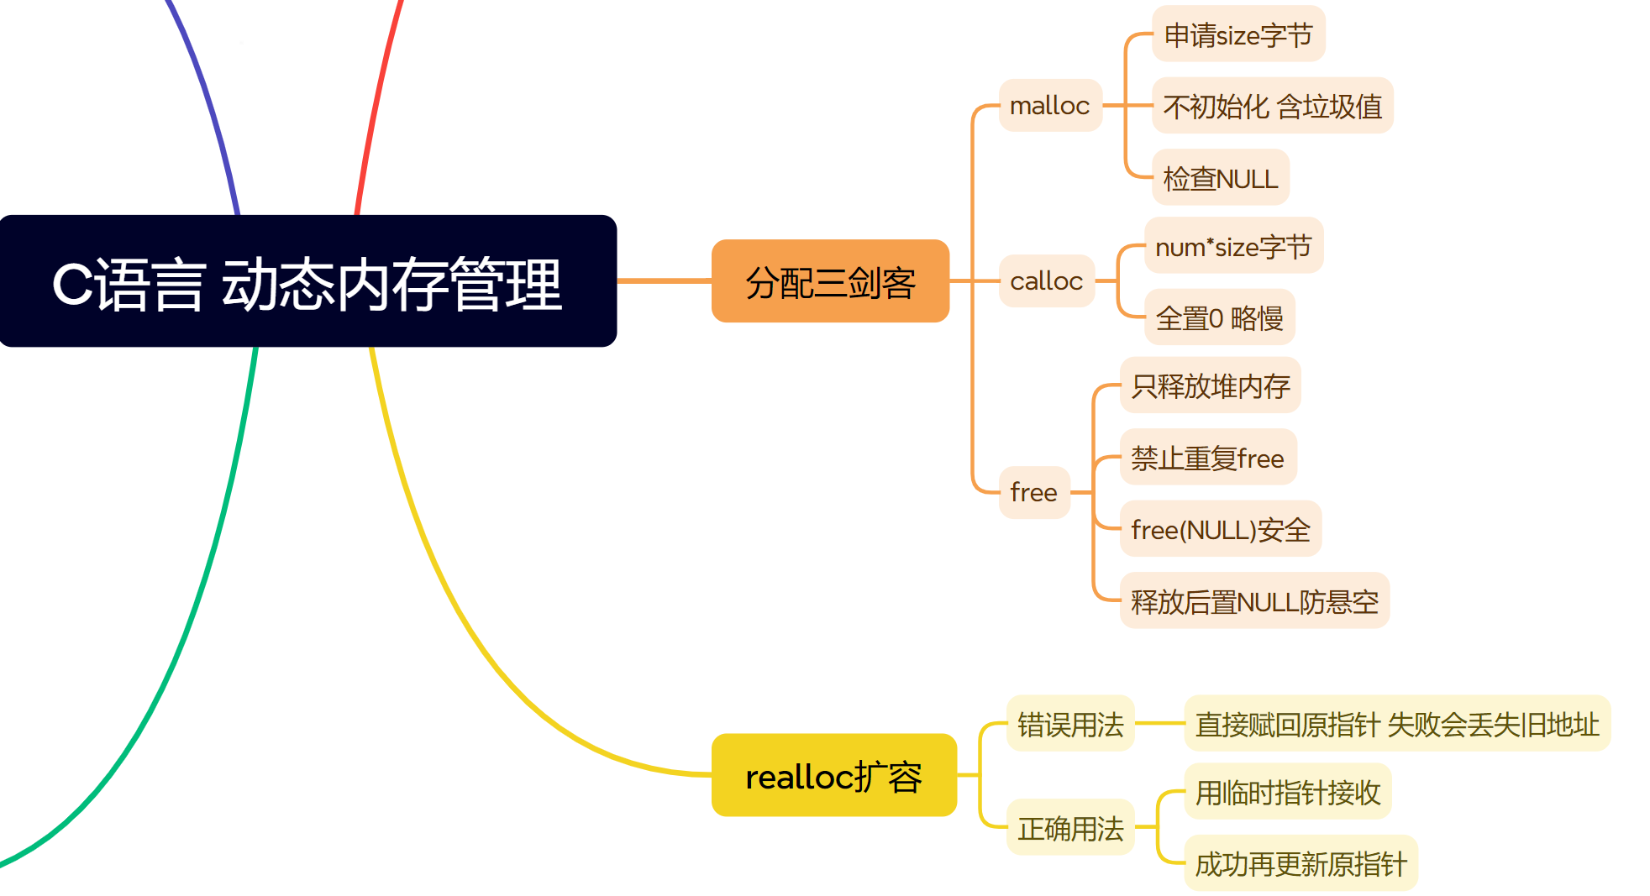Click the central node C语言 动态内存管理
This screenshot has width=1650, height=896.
(x=307, y=281)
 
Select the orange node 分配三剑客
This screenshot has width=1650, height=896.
(x=830, y=281)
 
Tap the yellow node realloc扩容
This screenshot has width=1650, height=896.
(x=833, y=775)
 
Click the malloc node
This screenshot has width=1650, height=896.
(x=1049, y=106)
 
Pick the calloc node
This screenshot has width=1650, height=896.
(x=1046, y=281)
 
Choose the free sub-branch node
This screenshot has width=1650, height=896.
(x=1033, y=492)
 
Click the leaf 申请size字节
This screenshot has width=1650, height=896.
(x=1237, y=34)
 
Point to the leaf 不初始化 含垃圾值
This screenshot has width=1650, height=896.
(x=1272, y=106)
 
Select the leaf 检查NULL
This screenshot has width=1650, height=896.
(x=1220, y=178)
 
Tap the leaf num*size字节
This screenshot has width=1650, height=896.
(x=1233, y=246)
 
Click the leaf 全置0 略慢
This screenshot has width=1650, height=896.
(x=1219, y=317)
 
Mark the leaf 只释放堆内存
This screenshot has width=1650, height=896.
(x=1210, y=385)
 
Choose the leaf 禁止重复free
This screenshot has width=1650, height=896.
(x=1207, y=458)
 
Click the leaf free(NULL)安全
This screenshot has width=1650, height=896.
(x=1220, y=529)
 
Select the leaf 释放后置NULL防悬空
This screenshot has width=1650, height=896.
(x=1254, y=601)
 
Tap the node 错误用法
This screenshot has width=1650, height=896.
(x=1070, y=724)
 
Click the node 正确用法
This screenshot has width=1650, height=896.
(x=1070, y=828)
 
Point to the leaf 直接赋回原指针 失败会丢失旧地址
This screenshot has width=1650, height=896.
(x=1396, y=724)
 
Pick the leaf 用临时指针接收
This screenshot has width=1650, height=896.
(x=1287, y=792)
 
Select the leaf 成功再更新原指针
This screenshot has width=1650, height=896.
(x=1301, y=863)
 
